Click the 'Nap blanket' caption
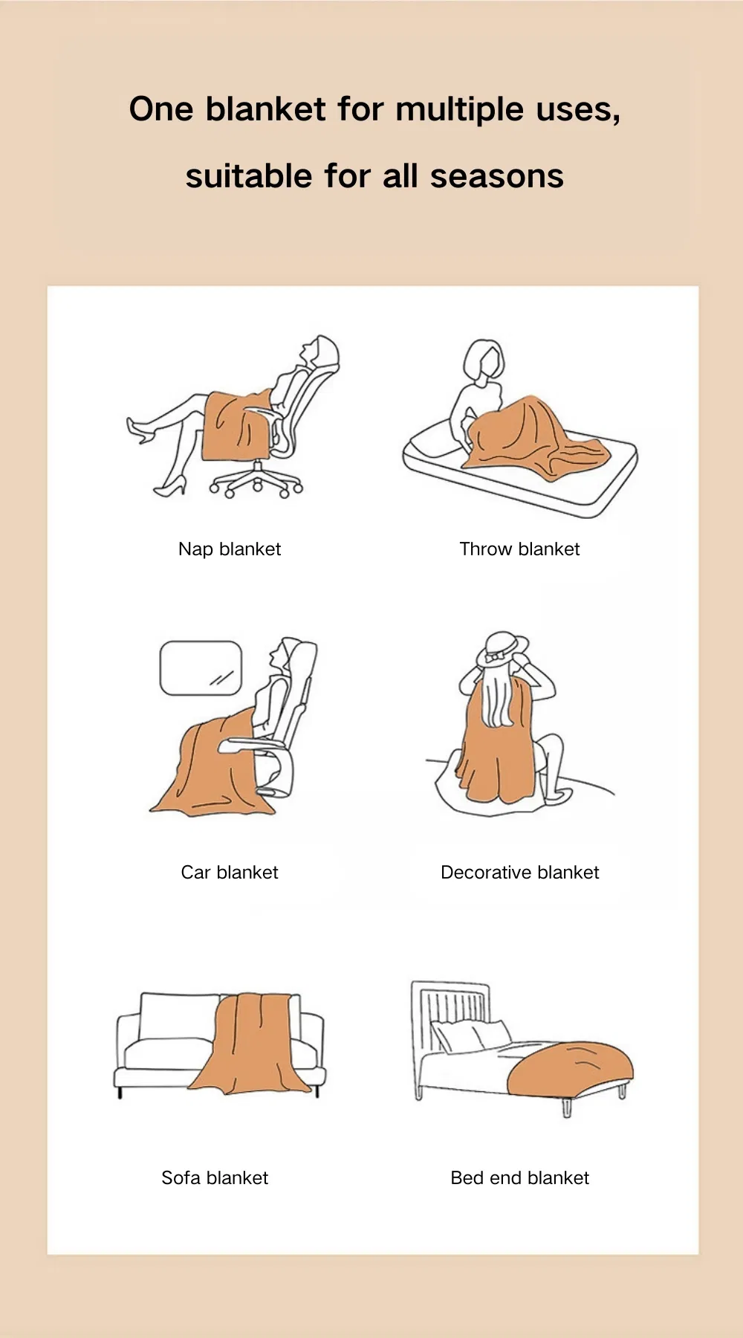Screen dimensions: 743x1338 (230, 549)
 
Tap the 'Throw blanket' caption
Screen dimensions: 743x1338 (519, 549)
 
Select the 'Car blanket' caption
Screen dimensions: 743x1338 (230, 873)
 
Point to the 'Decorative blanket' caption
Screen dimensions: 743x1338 (519, 873)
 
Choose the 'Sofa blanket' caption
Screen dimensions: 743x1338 (215, 1178)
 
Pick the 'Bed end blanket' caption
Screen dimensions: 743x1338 (519, 1178)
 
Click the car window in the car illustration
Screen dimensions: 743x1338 (201, 668)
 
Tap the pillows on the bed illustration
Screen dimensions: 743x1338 (471, 1035)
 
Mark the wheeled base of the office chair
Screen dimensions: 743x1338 (256, 482)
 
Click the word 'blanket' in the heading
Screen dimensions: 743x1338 (265, 109)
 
